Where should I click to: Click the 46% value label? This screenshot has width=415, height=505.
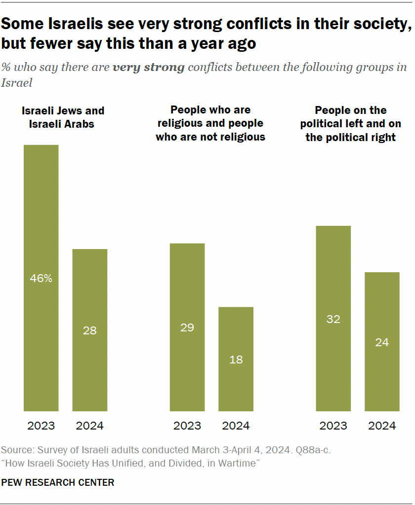click(41, 279)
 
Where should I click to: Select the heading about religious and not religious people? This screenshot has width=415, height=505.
click(210, 123)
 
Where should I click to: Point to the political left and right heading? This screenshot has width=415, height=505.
click(351, 123)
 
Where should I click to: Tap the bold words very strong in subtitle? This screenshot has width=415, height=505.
click(148, 68)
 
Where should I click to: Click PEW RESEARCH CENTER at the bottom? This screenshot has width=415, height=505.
click(58, 482)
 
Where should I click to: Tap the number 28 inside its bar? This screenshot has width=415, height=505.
click(90, 331)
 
